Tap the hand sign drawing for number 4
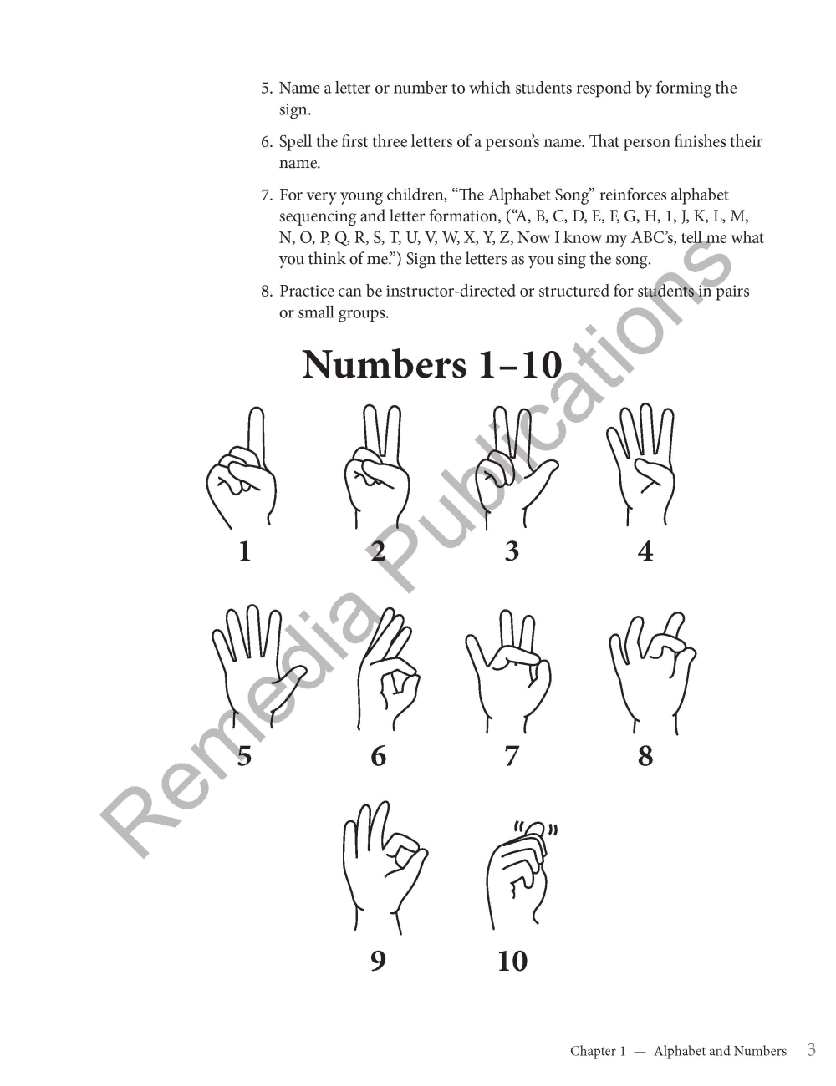641,464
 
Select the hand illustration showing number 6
389,669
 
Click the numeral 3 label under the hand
512,551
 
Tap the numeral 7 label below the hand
511,756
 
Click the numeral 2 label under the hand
379,551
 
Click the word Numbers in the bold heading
384,365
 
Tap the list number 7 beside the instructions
267,195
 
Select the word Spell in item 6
293,142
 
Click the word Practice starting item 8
305,291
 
